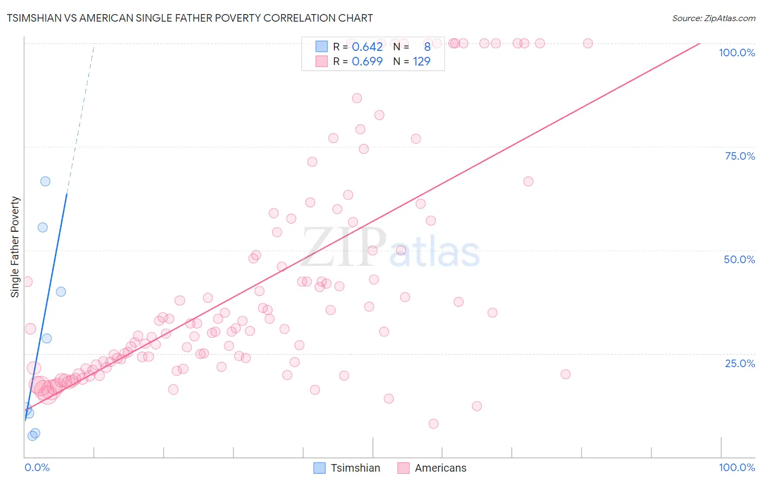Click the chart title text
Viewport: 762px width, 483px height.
click(x=190, y=18)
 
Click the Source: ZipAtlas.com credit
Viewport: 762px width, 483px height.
click(x=713, y=18)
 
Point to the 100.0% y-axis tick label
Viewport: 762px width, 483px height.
click(x=737, y=53)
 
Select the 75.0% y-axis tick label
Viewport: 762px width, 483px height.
click(x=740, y=156)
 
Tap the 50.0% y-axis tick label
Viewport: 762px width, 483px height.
click(x=739, y=259)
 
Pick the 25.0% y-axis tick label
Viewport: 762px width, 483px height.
click(x=740, y=363)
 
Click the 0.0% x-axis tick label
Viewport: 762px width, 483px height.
click(x=37, y=467)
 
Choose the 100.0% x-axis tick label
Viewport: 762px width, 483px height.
click(x=737, y=467)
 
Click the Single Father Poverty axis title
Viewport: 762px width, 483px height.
click(x=15, y=247)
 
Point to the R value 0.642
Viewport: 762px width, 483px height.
click(x=367, y=47)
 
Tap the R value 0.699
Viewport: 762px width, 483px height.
click(x=367, y=61)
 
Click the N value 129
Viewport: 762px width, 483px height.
click(x=422, y=61)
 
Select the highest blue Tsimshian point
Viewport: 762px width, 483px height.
click(x=46, y=181)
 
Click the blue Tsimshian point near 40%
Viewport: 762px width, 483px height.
click(x=61, y=292)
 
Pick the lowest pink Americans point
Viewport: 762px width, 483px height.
click(x=434, y=424)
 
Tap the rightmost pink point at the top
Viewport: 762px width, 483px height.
click(x=588, y=43)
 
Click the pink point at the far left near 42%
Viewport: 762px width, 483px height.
click(x=27, y=282)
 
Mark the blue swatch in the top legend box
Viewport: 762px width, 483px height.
click(x=321, y=47)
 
